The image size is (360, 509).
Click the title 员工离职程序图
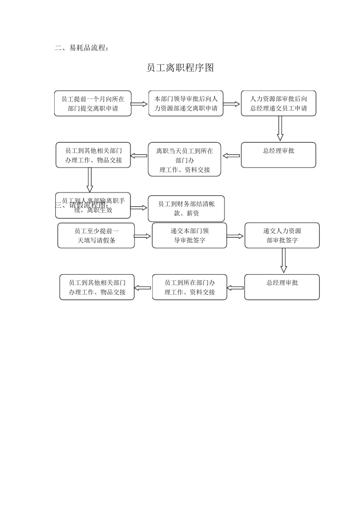coord(180,68)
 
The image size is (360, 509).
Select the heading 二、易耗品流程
coord(82,48)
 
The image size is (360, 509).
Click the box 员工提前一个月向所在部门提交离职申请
coord(93,103)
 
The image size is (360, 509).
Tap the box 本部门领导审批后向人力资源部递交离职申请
coord(186,103)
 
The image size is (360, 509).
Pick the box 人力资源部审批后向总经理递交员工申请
coord(279,103)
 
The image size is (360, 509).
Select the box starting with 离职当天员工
coord(185,160)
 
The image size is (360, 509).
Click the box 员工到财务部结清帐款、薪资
coord(186,209)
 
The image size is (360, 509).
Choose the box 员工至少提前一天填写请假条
coord(96,236)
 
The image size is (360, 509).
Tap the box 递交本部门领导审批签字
coord(189,236)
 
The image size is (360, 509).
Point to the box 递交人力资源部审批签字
coord(282,236)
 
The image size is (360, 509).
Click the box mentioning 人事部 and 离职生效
coord(93,206)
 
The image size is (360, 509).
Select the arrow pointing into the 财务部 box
coord(139,208)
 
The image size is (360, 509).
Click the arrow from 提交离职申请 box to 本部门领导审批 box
coord(139,104)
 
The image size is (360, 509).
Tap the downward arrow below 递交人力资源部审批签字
coord(283,261)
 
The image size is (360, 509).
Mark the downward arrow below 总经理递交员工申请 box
coord(280,128)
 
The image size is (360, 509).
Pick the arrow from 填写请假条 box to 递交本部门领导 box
coord(142,236)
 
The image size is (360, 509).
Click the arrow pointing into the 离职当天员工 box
coord(231,156)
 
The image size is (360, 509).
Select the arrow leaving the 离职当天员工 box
coord(139,156)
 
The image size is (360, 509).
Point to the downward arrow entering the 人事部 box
coord(90,180)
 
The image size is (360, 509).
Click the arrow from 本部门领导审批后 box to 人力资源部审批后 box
coord(232,104)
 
